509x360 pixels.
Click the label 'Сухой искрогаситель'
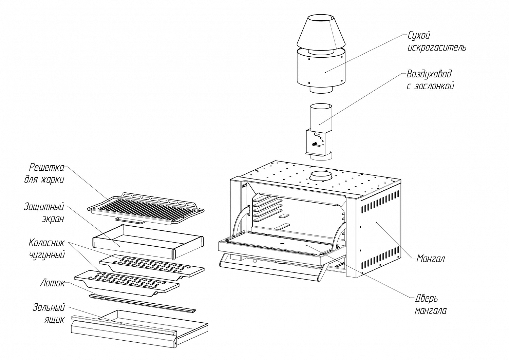point(437,42)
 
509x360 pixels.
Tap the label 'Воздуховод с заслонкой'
point(430,80)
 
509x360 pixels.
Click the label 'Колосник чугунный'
point(47,249)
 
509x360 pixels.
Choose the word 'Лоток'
point(53,283)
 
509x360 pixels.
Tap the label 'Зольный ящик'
point(49,314)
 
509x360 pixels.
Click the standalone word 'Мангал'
point(430,259)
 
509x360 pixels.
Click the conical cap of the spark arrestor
point(321,32)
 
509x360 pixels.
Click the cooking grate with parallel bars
point(146,209)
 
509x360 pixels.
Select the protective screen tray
point(148,242)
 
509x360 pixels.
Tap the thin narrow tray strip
point(143,304)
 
